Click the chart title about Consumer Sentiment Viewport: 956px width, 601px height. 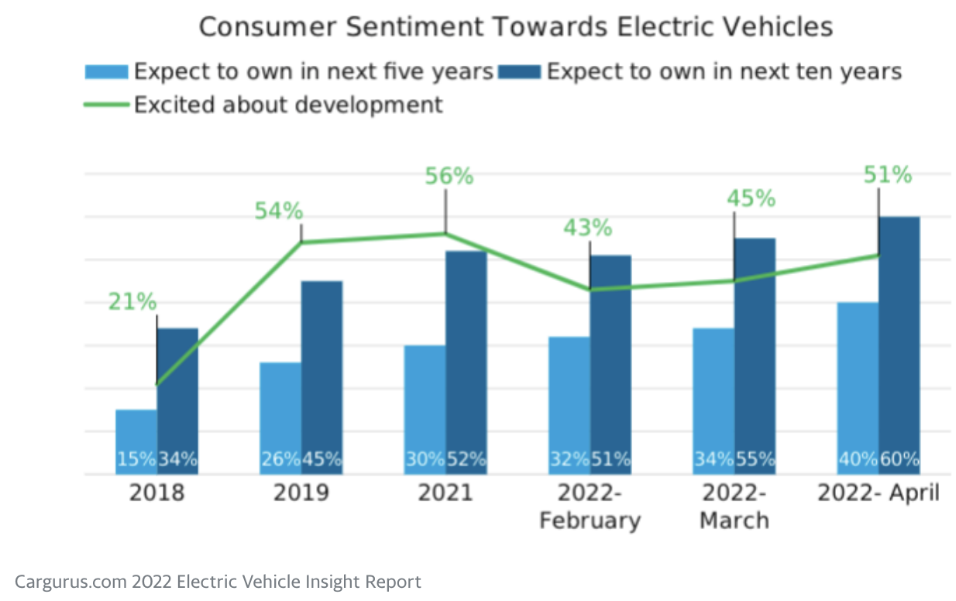click(515, 26)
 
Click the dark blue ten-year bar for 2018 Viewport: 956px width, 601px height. click(177, 387)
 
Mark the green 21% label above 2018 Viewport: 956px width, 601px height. click(132, 302)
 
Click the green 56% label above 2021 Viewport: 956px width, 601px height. click(449, 176)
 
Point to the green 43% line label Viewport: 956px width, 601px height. click(588, 228)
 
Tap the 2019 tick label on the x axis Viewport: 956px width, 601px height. click(301, 493)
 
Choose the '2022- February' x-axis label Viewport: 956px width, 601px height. click(590, 507)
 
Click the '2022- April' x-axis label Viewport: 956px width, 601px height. click(879, 493)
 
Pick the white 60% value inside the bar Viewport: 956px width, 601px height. click(899, 459)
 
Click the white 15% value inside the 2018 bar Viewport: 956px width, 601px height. click(136, 459)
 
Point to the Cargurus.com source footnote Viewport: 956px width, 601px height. click(218, 582)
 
